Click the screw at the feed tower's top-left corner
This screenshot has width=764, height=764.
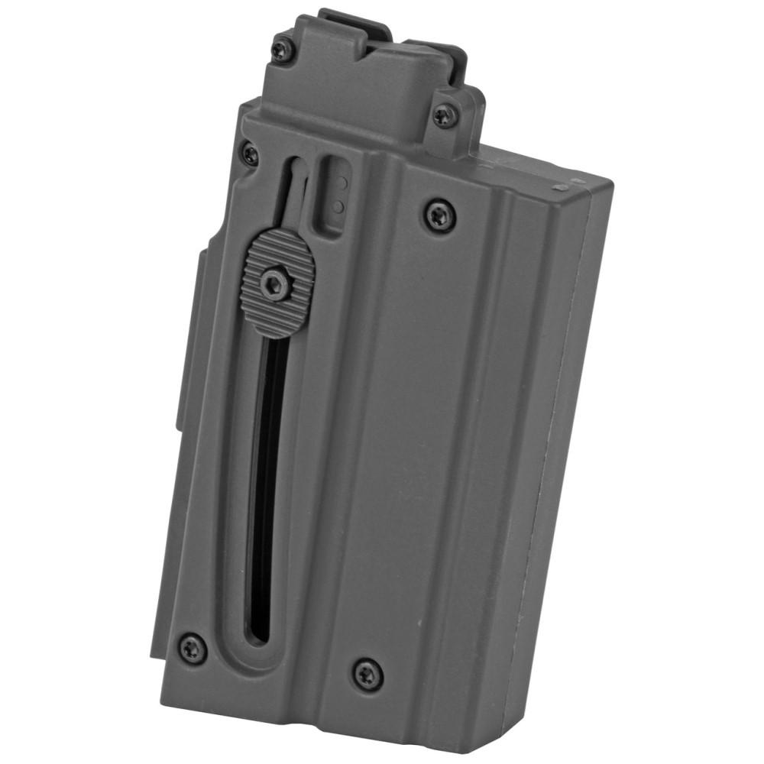pyautogui.click(x=283, y=50)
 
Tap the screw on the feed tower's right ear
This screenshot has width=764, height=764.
pyautogui.click(x=445, y=116)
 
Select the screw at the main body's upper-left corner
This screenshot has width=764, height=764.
pyautogui.click(x=250, y=154)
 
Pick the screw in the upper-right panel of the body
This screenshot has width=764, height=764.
pyautogui.click(x=439, y=215)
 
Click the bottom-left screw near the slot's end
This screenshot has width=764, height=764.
pyautogui.click(x=192, y=649)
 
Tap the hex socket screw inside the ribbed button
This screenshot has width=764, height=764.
pyautogui.click(x=274, y=285)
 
